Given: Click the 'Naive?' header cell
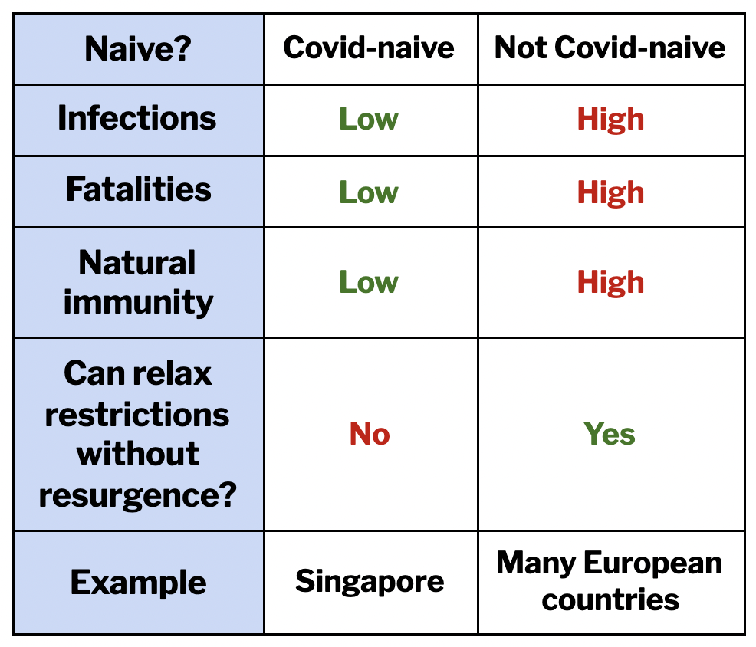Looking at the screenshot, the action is pos(138,49).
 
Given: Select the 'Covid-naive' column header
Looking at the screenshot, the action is pos(369,48).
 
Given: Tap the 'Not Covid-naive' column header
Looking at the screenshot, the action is pos(610,48).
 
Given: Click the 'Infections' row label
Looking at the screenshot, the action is pos(137,118).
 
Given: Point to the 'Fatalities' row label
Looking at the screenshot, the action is pos(139,189).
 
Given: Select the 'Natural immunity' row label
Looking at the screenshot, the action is pos(138,283).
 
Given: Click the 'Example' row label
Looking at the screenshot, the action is pos(138,583).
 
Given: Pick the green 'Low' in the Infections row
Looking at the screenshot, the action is pos(369,119).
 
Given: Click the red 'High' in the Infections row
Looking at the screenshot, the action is pos(611,120).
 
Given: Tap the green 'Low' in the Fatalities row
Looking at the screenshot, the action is pos(369,192).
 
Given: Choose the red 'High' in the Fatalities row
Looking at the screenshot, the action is pos(611,193).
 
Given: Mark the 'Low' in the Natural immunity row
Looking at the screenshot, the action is pos(369,282).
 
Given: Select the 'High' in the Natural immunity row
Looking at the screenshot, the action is pos(611,283).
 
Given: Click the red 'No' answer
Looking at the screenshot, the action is pos(370,433).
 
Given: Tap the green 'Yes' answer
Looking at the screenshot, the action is pos(610,433).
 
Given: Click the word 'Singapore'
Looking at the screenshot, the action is pos(370,582).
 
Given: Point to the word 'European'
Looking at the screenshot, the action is pos(653,563).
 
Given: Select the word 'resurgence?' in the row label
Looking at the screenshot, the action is pos(138,495).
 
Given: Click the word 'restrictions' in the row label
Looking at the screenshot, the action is pos(137,415).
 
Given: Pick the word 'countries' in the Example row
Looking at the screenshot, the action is pos(610,599).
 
